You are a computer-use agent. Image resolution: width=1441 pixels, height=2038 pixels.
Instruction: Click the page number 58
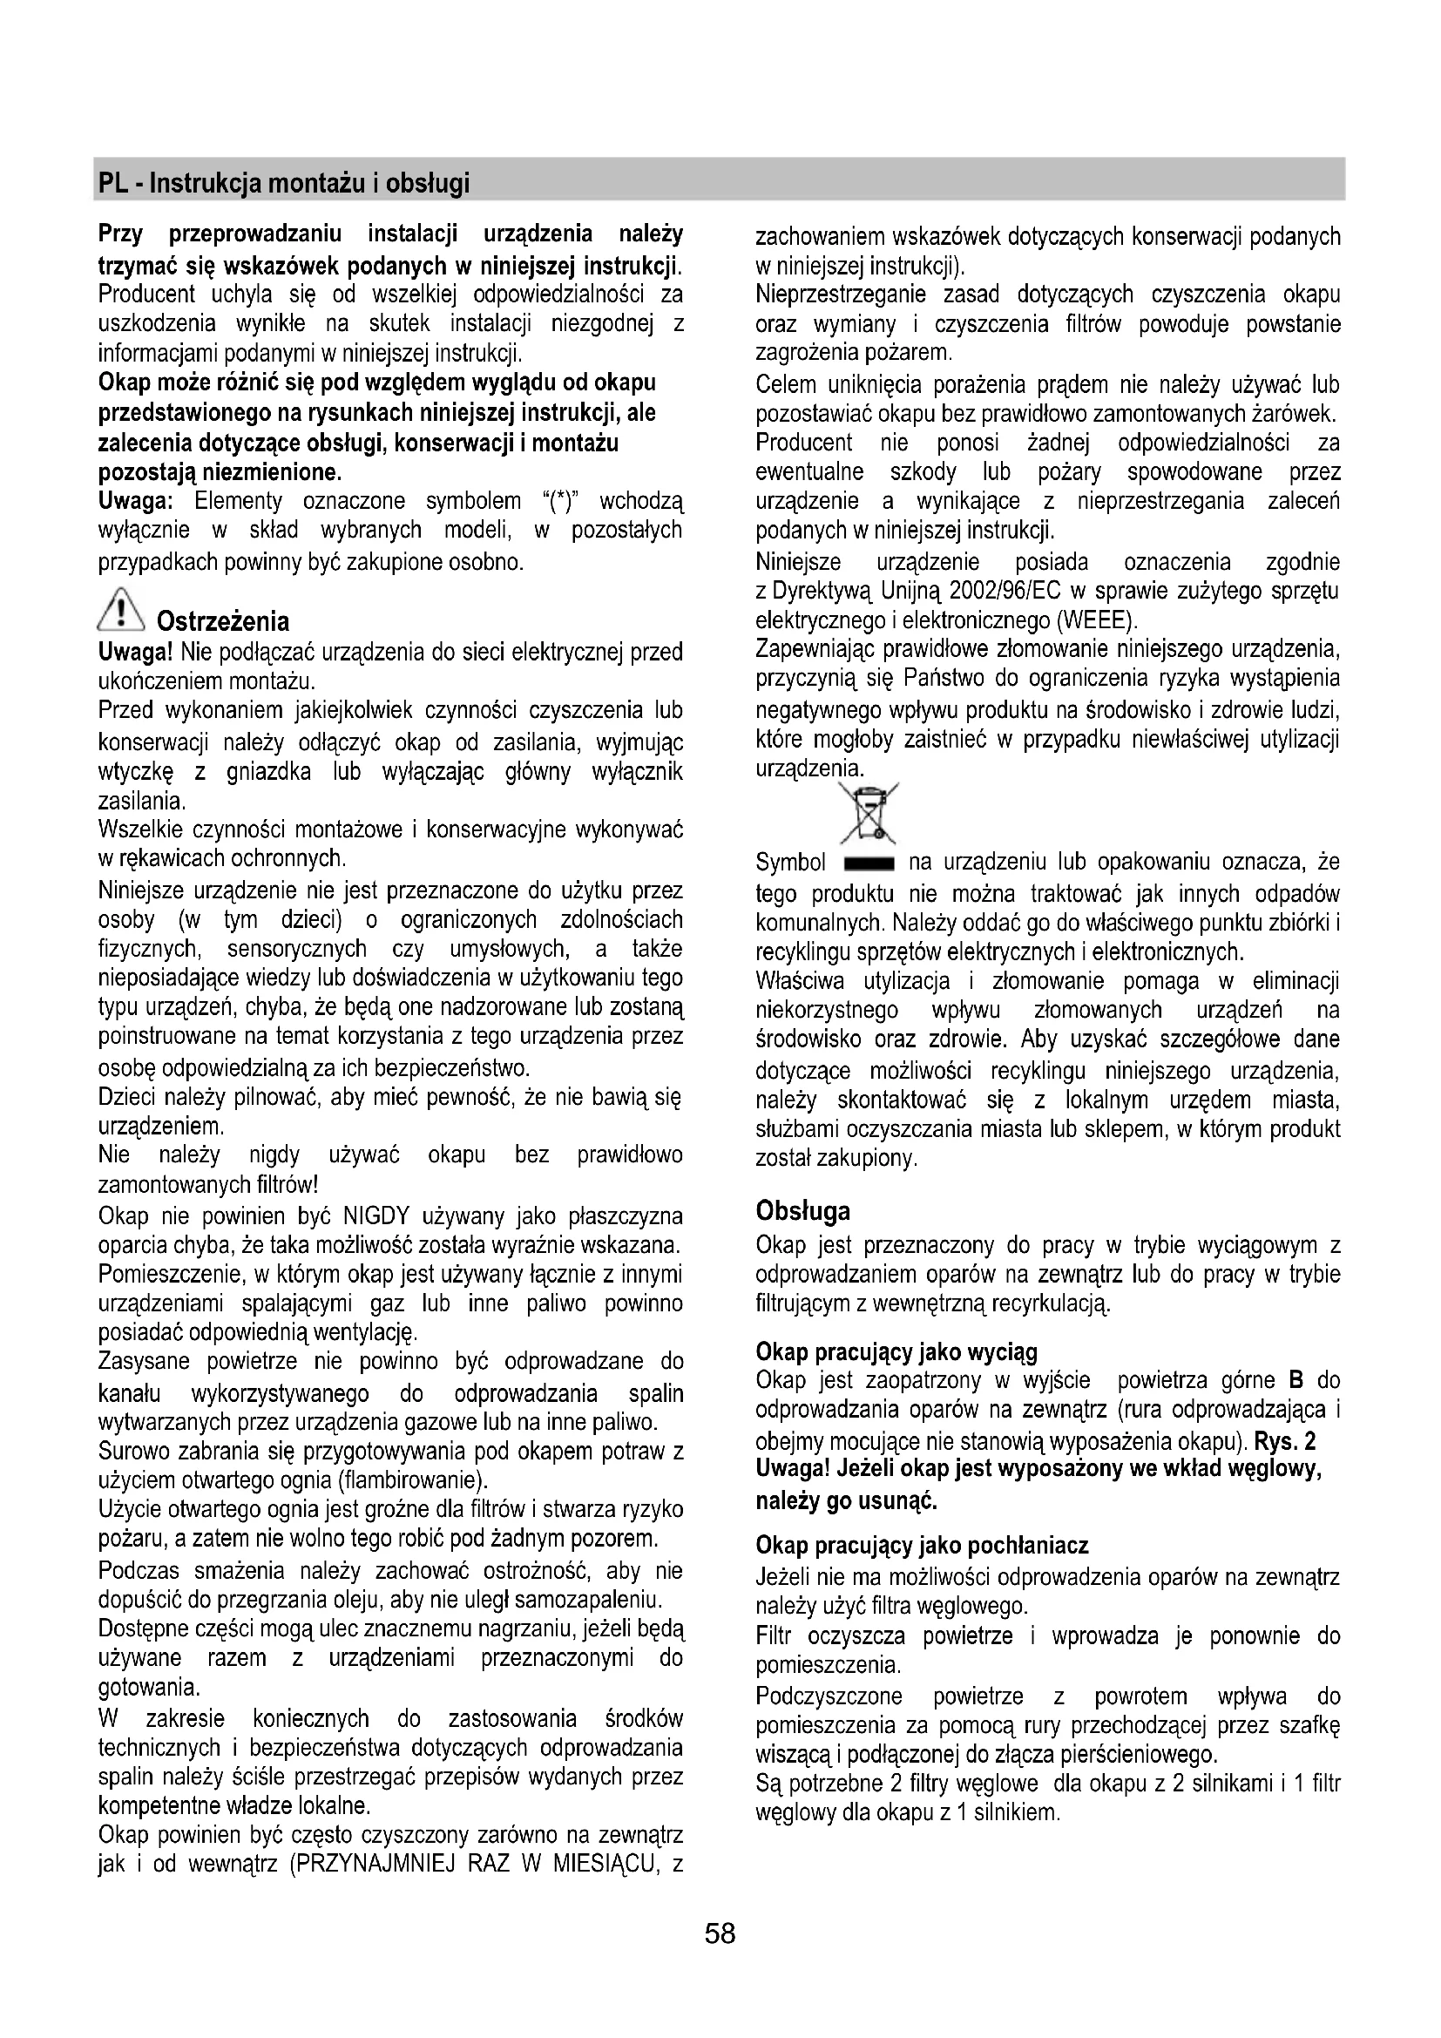coord(720,1933)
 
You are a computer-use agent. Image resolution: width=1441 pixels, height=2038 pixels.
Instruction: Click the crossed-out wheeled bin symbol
coord(869,813)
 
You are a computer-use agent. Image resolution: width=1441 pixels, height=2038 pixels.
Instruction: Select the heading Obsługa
coord(802,1211)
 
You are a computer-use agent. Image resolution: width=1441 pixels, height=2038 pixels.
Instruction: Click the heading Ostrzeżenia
coord(222,620)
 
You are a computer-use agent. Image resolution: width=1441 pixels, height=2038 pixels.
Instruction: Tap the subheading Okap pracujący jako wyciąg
coord(896,1352)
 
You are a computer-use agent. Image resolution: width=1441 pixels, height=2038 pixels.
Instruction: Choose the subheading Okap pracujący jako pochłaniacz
coord(922,1546)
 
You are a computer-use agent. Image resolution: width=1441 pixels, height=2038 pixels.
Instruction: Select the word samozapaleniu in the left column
coord(590,1600)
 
